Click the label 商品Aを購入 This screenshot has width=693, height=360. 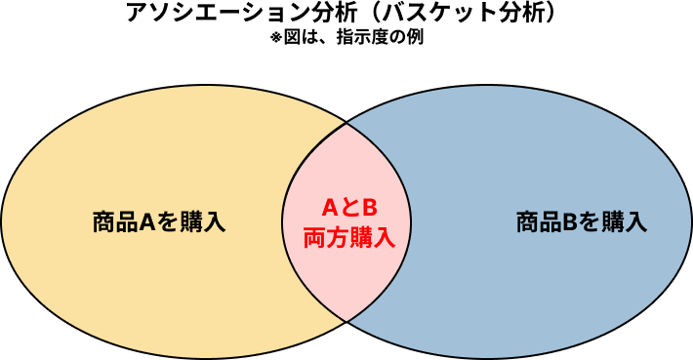pos(159,222)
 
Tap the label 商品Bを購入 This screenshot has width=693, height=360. pos(582,222)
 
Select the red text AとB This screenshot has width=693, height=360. pos(348,208)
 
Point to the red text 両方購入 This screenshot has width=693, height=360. pos(348,237)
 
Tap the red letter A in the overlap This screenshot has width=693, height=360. pos(329,208)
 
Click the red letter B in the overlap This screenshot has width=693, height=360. pos(369,208)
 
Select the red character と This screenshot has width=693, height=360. pos(348,208)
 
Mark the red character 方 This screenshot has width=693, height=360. pos(337,237)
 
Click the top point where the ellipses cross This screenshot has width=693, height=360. pos(346,124)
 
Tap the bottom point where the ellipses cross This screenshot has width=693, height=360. pos(346,320)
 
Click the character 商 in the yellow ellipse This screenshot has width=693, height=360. pos(103,222)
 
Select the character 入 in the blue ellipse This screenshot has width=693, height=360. pos(636,222)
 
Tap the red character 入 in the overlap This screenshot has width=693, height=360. pos(384,237)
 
